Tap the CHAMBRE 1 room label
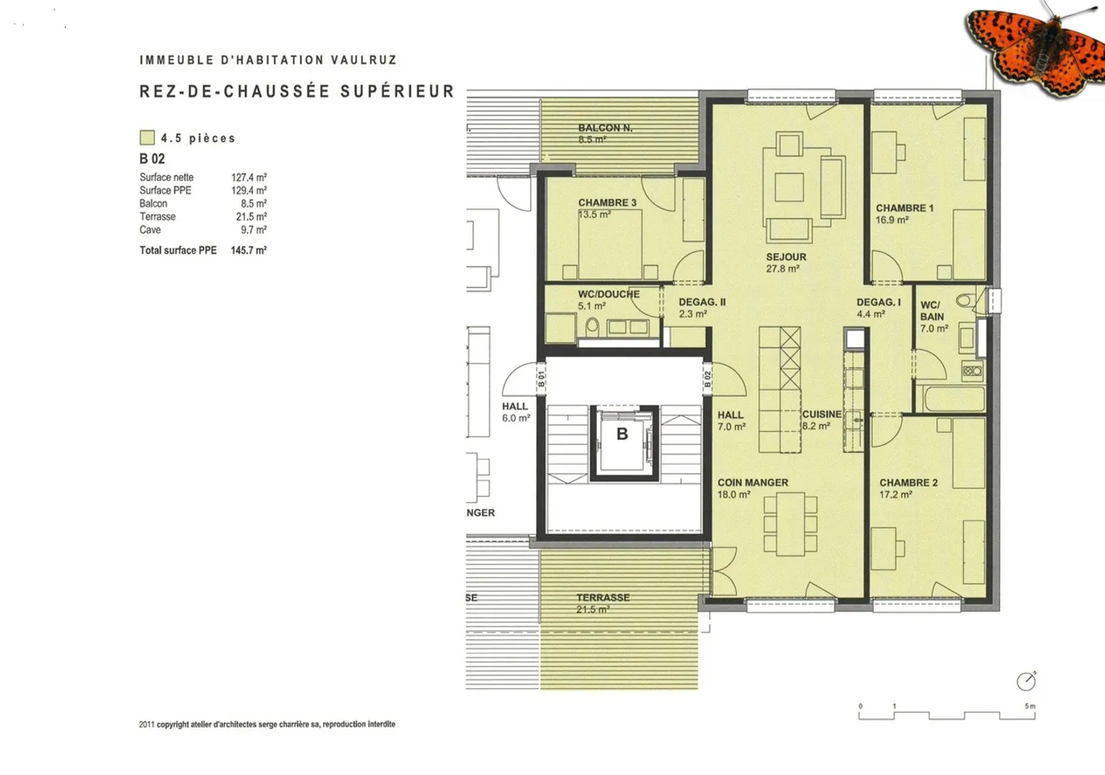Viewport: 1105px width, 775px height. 904,209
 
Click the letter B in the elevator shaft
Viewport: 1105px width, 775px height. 622,434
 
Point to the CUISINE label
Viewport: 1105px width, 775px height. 821,414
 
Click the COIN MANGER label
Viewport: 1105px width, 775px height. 752,483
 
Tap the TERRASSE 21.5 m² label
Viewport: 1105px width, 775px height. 602,603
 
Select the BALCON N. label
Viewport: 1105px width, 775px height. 605,128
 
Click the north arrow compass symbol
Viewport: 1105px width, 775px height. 1026,681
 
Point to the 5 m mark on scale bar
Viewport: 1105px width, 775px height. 1030,707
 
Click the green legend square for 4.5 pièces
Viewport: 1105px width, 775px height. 147,138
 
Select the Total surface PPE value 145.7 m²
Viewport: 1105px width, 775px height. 249,250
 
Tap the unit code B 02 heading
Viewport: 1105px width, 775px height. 152,159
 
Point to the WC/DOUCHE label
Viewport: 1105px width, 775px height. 608,295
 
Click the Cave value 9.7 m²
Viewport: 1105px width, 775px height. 253,230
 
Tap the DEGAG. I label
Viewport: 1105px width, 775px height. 878,303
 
